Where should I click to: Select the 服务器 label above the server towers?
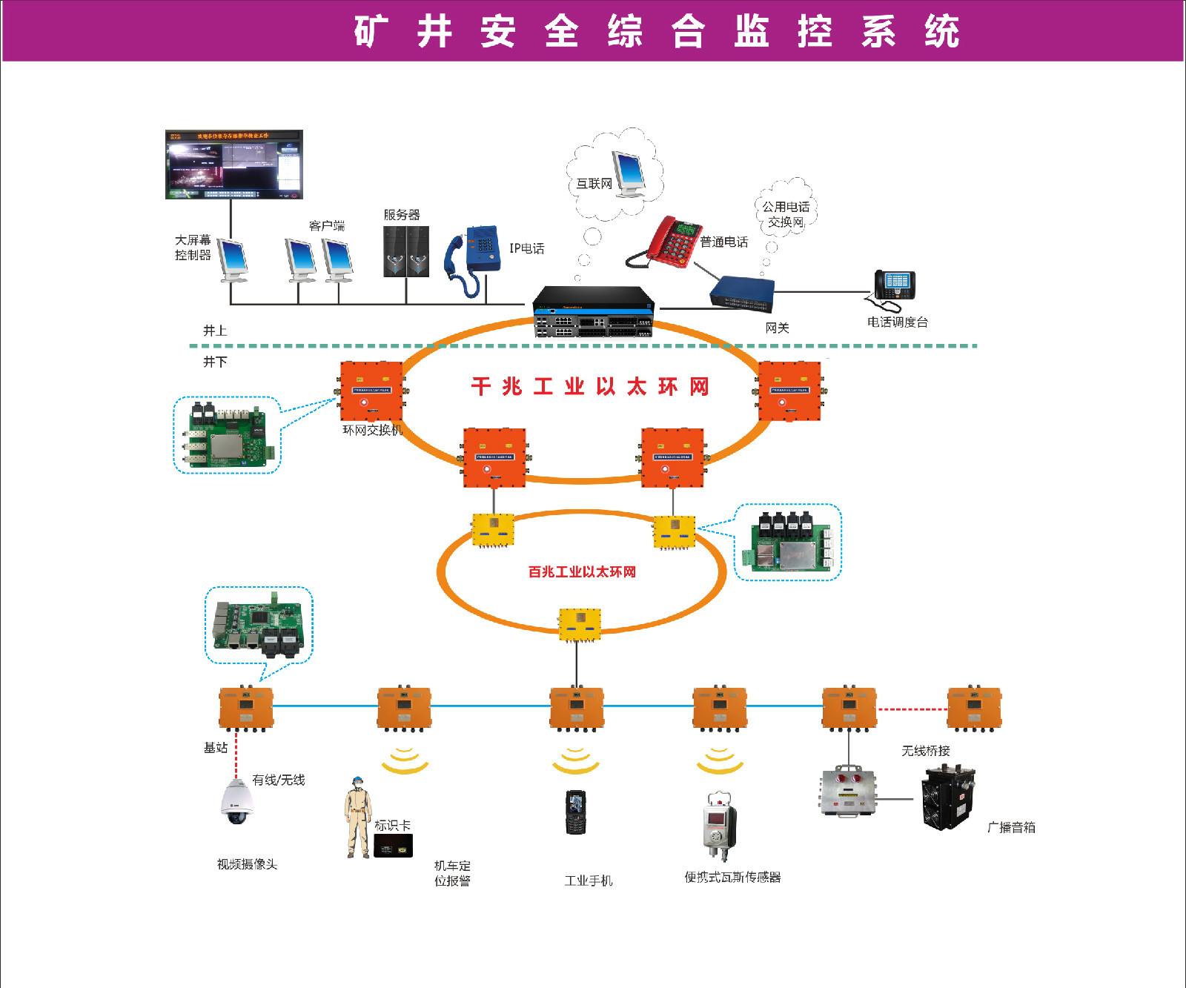tap(402, 215)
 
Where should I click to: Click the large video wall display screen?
tap(233, 165)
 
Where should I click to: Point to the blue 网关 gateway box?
tap(742, 292)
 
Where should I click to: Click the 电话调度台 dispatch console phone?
tap(894, 288)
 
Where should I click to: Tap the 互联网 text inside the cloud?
tap(594, 184)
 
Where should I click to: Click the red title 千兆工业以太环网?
tap(590, 386)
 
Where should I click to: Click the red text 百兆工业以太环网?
tap(582, 571)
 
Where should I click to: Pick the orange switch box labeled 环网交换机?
tap(371, 391)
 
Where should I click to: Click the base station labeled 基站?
tap(245, 708)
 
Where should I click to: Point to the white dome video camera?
tap(237, 801)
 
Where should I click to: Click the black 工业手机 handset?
tap(575, 812)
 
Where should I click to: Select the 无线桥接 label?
tap(925, 751)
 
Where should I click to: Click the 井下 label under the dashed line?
tap(215, 362)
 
